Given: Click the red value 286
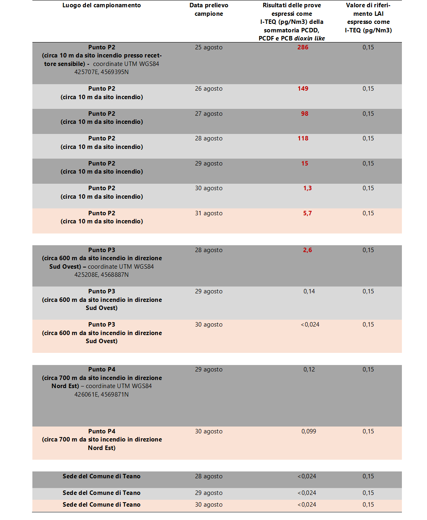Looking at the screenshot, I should point(303,47).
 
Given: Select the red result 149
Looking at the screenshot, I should point(303,89).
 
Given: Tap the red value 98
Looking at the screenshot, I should point(304,114).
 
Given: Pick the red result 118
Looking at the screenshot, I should point(303,138).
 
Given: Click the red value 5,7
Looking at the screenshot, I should point(307,213).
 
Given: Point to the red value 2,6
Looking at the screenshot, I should point(307,250).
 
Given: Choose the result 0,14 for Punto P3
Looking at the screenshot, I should point(309,291).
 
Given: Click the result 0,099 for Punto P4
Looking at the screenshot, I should point(308,431).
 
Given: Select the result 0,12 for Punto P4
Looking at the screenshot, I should point(309,369).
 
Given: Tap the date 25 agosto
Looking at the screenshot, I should point(208,47).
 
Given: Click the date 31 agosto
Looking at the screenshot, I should point(208,213).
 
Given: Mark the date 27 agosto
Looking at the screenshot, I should point(208,114).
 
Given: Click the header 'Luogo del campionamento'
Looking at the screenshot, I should point(102,5).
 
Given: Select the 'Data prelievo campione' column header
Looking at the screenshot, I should point(208,10).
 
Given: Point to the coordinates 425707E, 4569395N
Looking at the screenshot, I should point(102,72).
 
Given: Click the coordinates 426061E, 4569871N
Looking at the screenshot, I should point(102,395).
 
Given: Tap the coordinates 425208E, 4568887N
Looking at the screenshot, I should point(102,275).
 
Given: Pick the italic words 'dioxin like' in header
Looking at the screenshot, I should point(309,38).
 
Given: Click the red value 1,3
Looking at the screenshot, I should point(307,188).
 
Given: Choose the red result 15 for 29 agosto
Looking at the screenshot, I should point(304,163).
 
